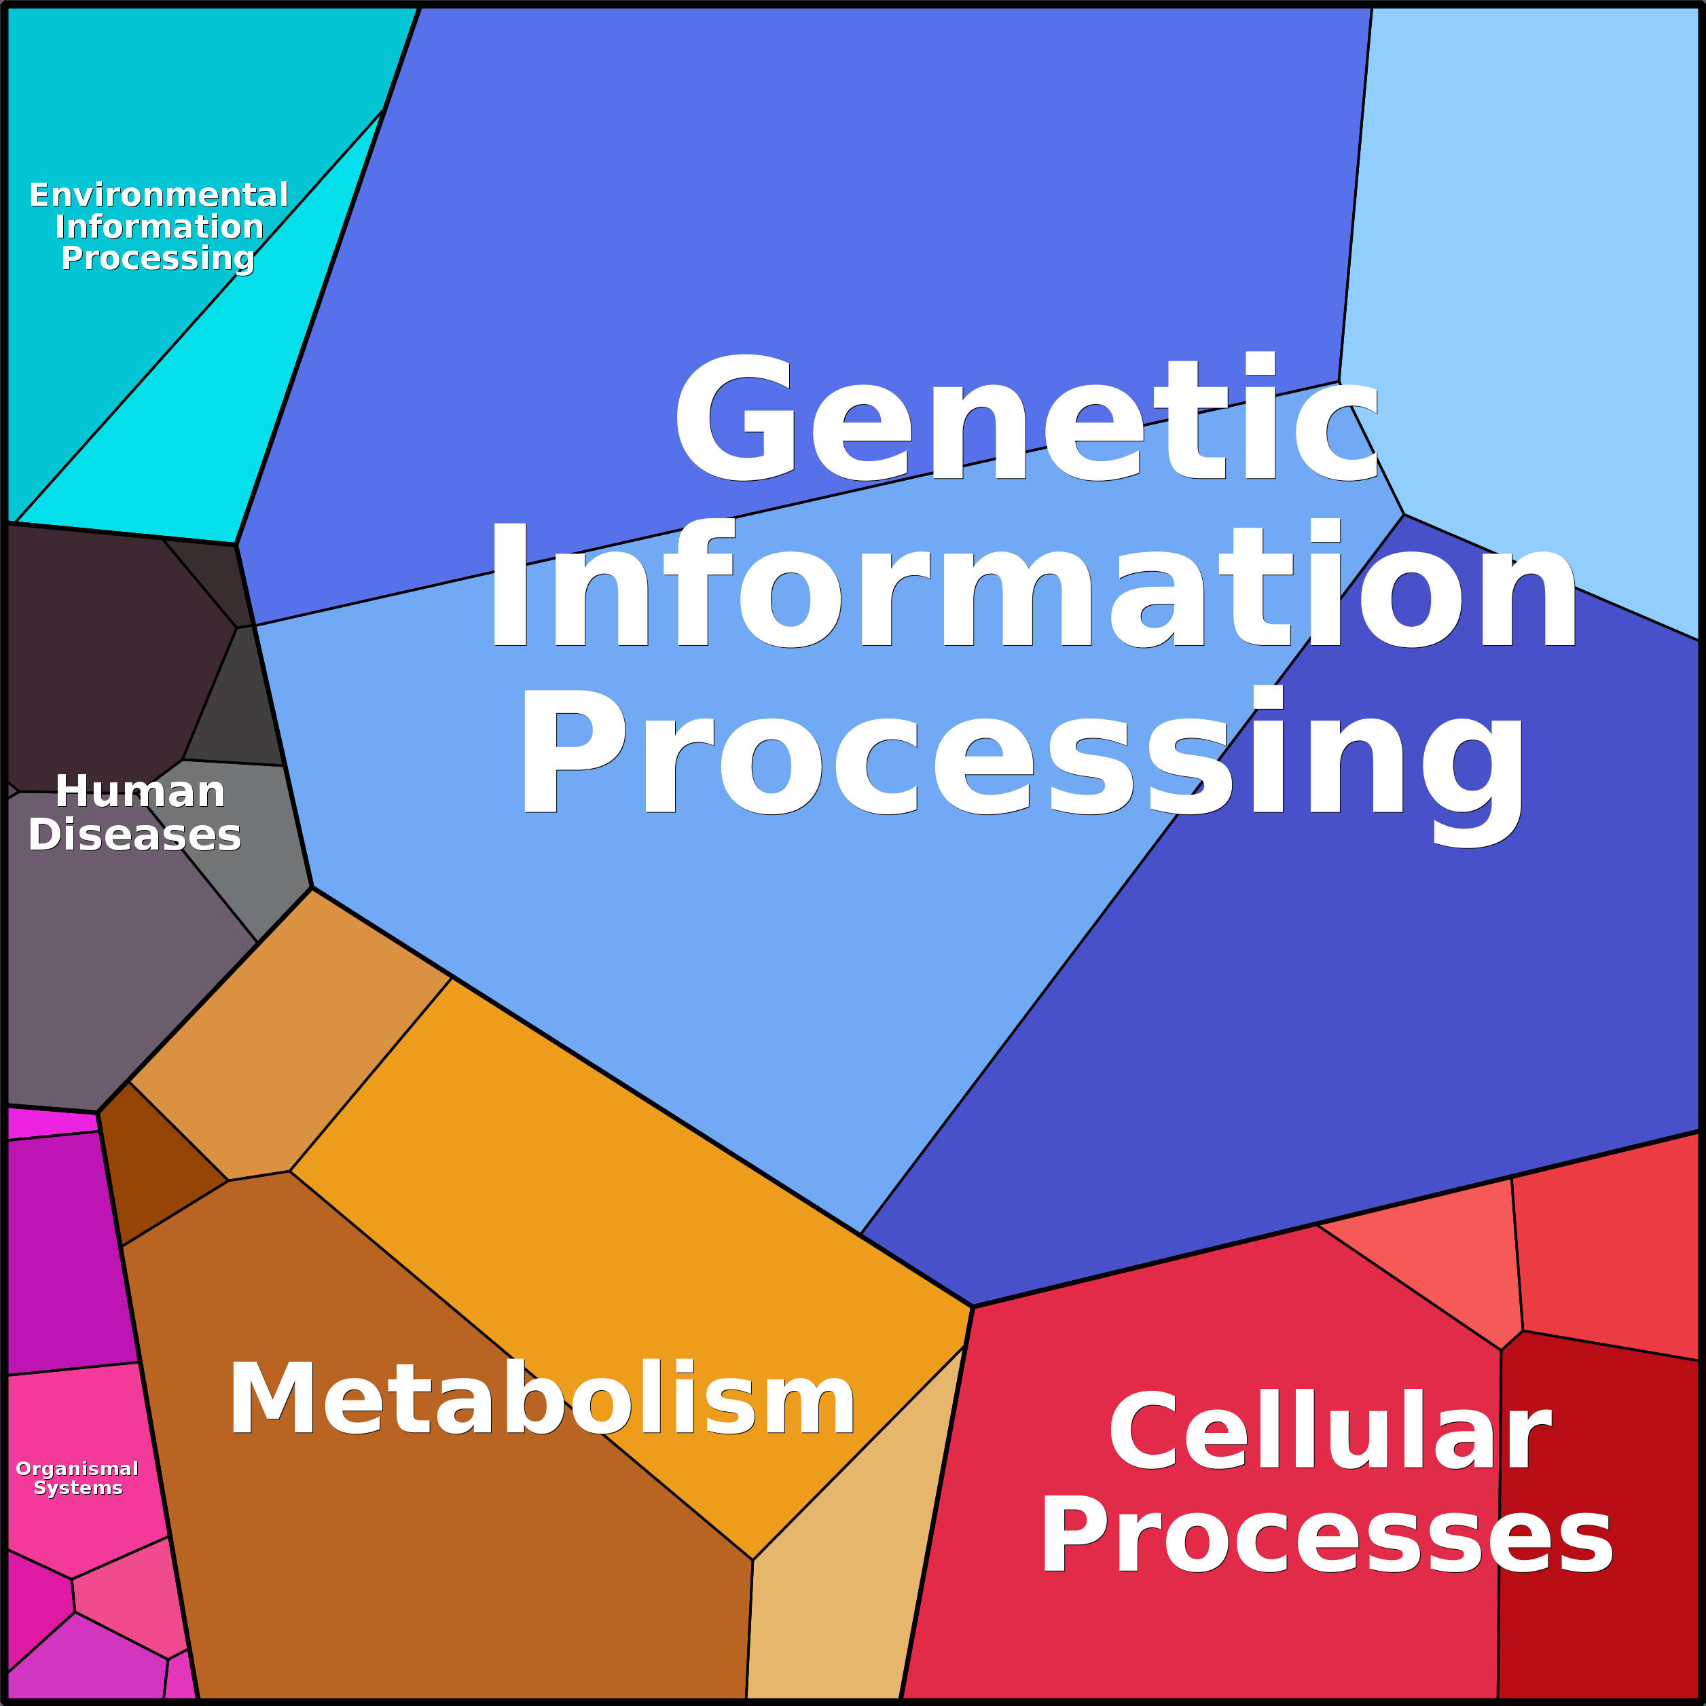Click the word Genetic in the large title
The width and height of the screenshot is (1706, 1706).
click(x=1026, y=418)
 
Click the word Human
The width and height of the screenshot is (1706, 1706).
click(x=141, y=791)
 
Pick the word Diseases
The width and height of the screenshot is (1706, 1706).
click(x=134, y=835)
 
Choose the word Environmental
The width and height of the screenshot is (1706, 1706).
click(x=159, y=194)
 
